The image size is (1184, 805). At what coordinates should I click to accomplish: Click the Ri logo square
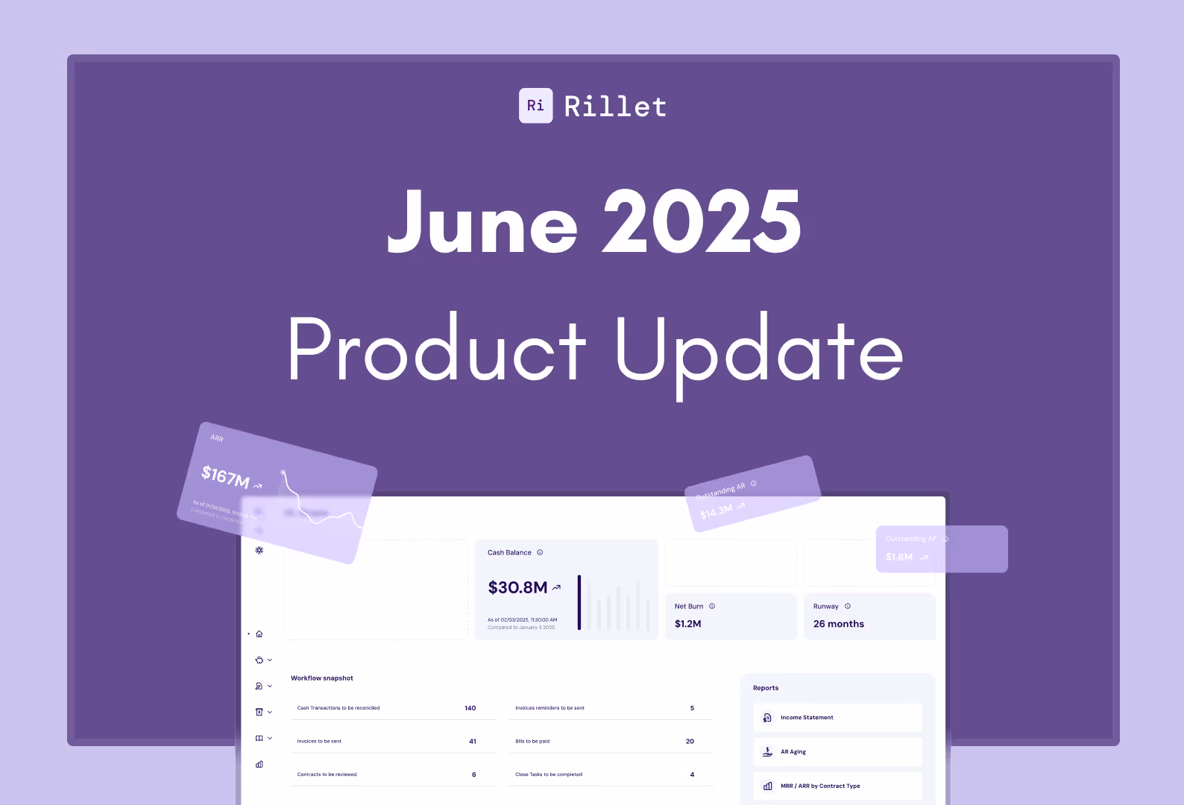coord(535,106)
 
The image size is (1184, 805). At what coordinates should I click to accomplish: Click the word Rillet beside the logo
coord(615,107)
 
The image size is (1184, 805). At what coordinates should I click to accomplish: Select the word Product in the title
coord(437,349)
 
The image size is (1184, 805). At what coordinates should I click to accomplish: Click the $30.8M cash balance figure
coord(517,587)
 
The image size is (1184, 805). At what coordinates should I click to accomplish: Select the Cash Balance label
coord(509,552)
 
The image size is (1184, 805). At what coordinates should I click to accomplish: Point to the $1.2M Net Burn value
coord(687,624)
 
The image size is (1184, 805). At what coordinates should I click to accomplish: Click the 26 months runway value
coord(838,624)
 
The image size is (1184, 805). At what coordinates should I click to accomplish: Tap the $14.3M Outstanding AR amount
coord(716,511)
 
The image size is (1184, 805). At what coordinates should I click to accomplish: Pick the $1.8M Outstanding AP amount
coord(898,557)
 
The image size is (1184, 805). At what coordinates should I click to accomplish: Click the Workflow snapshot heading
coord(322,678)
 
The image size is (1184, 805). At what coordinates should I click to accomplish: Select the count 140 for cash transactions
coord(470,708)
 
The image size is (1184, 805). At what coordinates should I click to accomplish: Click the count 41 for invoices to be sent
coord(473,742)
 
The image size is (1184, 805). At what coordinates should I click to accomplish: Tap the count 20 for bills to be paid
coord(690,742)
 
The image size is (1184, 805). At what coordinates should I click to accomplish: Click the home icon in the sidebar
coord(259,634)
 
